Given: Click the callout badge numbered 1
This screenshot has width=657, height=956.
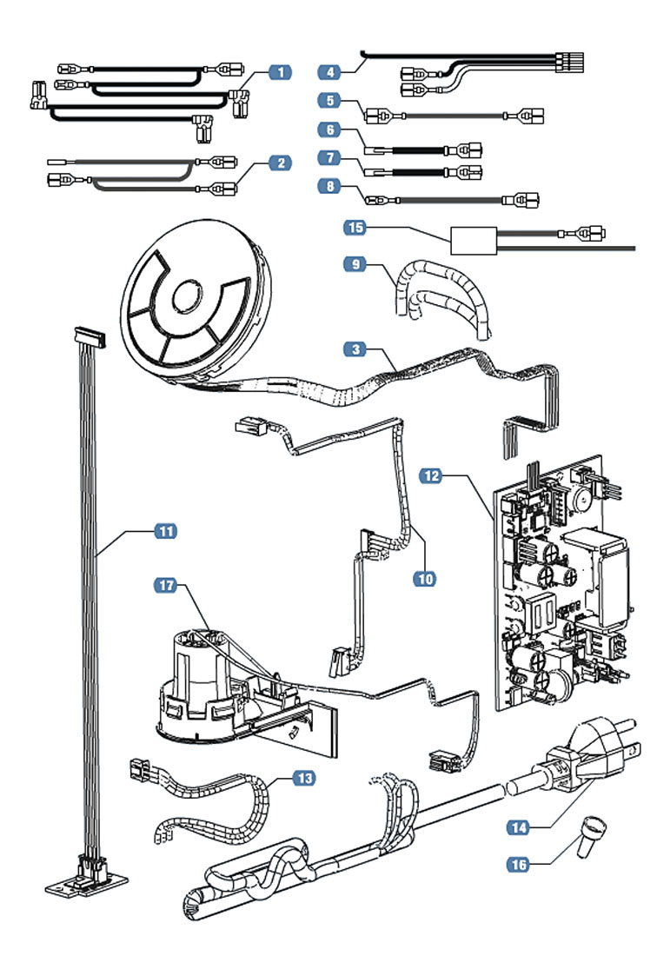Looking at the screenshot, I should [279, 72].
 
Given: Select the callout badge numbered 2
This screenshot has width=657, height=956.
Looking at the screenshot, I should [279, 163].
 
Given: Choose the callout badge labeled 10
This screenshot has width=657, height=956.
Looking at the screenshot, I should [423, 577].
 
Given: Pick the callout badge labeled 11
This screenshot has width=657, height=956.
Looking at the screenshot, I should [164, 530].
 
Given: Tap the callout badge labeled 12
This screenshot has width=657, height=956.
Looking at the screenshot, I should [433, 475].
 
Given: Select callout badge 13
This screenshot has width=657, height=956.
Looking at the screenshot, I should [302, 778].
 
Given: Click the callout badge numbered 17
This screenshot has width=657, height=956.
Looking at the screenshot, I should [164, 587].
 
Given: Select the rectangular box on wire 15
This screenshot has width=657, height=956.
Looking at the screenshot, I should [473, 238].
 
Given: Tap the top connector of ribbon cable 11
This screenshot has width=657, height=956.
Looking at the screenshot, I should [90, 333].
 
